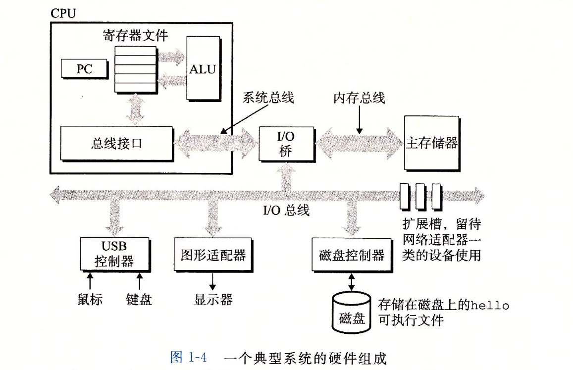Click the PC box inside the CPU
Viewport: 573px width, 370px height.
[x=84, y=68]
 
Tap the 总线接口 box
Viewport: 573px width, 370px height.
[x=116, y=144]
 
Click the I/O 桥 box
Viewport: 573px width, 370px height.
[x=285, y=144]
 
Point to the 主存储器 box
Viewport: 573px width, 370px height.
[x=431, y=144]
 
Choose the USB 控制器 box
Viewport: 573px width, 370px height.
[x=114, y=254]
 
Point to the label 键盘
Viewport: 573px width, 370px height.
[x=139, y=299]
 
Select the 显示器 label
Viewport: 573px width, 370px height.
[x=213, y=300]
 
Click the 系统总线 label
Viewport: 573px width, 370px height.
[x=268, y=98]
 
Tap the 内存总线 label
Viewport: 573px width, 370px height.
[x=359, y=98]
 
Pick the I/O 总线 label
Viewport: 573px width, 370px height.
[x=286, y=211]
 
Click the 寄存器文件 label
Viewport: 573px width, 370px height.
[x=135, y=36]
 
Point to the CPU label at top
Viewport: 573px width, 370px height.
[x=63, y=13]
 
